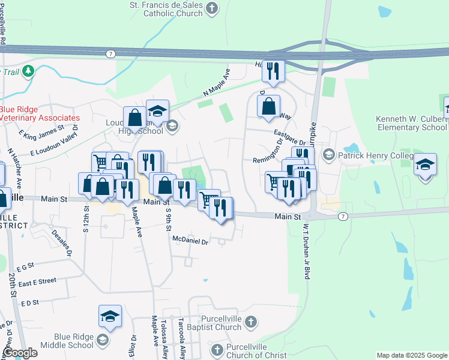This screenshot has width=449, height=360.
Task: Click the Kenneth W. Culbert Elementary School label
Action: [411, 123]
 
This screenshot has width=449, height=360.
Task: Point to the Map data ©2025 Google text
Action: [411, 355]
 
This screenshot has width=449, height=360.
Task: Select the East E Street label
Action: [37, 281]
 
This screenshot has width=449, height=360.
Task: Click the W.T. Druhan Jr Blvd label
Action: [306, 243]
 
